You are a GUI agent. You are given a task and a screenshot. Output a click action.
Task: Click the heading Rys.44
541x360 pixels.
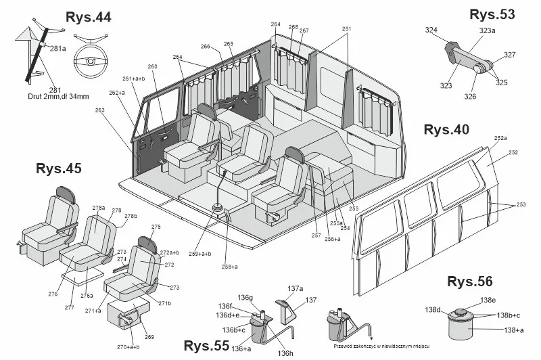[89, 17]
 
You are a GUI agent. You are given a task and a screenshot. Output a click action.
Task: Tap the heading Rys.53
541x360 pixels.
[492, 14]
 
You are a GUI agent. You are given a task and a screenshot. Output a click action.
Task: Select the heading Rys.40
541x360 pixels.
[446, 130]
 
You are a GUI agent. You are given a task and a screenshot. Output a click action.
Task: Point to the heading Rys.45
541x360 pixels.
[58, 169]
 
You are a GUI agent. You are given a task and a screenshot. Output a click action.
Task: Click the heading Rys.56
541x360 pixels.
[470, 282]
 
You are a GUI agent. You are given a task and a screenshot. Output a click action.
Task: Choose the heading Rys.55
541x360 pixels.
[206, 346]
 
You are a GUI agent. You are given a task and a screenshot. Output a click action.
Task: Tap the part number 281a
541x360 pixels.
[58, 48]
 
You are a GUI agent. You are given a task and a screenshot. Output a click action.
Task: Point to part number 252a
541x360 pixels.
[500, 138]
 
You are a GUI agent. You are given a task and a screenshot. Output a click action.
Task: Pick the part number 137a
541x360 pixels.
[295, 288]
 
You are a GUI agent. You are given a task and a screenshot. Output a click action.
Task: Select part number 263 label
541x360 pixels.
[101, 110]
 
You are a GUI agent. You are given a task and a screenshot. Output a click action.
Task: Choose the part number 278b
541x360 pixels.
[131, 217]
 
